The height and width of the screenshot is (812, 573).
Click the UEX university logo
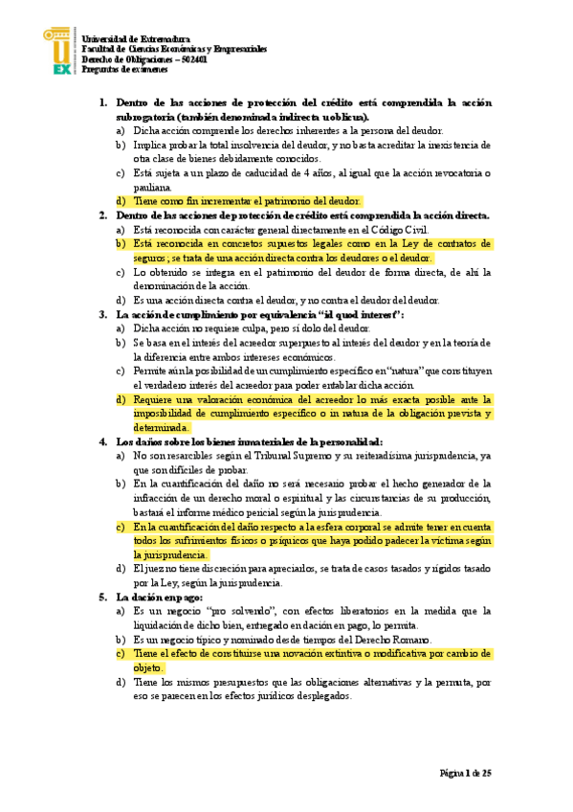coord(60,51)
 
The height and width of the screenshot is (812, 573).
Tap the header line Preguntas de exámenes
coord(124,69)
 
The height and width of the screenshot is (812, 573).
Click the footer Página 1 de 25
coord(465,772)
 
